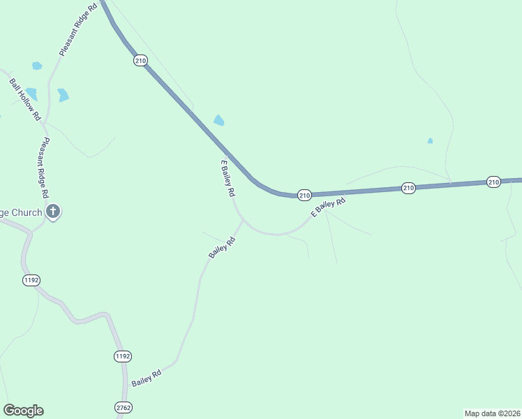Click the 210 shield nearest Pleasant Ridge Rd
(140, 61)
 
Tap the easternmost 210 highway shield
(494, 182)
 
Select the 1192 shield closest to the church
(31, 280)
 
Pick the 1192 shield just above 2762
(122, 356)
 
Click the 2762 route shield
(124, 406)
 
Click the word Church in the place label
(24, 212)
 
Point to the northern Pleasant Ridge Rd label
(77, 29)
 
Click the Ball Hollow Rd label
(25, 100)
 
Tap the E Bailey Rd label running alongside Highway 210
(227, 179)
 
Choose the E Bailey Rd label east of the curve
(329, 207)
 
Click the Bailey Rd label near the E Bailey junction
(222, 248)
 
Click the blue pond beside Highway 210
(219, 120)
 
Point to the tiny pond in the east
(430, 141)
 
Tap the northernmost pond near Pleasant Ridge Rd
(37, 66)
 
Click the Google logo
(23, 411)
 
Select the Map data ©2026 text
(492, 413)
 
